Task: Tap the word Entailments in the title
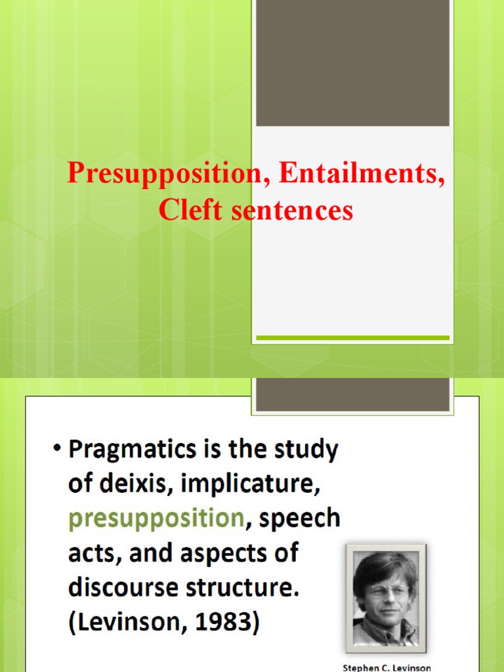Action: (362, 173)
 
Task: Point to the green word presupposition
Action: (157, 518)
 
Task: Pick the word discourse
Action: (125, 587)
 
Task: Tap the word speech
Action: (300, 518)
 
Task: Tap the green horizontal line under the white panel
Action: (352, 338)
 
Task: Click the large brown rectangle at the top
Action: (352, 63)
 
